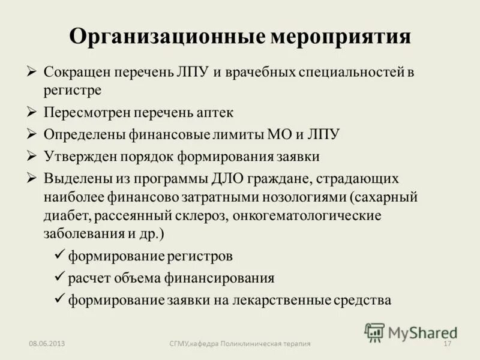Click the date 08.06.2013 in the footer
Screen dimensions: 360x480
(x=47, y=344)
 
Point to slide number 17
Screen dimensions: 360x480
(x=446, y=344)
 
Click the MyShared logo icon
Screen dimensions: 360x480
(x=374, y=332)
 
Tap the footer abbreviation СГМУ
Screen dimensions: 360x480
(x=179, y=344)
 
